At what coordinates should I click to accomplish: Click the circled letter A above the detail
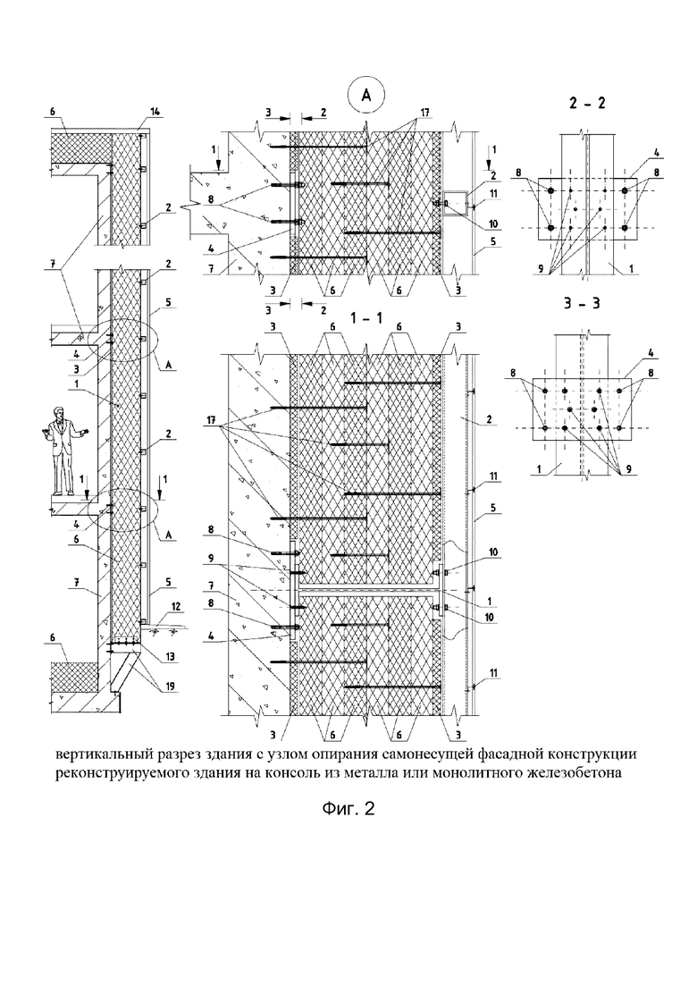365,95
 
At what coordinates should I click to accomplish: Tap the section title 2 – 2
586,104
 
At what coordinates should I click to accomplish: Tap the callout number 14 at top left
155,112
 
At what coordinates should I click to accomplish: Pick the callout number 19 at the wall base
169,687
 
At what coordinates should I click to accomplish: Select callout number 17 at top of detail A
424,114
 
